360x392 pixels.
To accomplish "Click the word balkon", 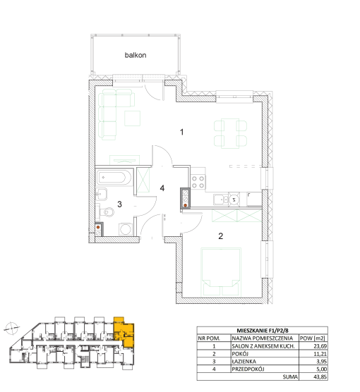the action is point(136,55).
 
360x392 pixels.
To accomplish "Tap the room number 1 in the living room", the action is point(182,132).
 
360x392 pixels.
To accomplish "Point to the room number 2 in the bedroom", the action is point(220,236).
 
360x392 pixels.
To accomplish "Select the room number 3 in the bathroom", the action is point(120,204).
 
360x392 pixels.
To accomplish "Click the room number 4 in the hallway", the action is point(162,188).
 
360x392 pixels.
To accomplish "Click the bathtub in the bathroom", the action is point(114,178).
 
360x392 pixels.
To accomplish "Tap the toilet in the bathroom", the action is point(107,212).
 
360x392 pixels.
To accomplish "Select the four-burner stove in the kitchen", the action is point(198,181).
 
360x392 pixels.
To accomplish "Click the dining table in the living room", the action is point(230,133).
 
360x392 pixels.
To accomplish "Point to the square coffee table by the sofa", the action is point(133,118).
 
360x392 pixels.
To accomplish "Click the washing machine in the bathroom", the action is point(126,229).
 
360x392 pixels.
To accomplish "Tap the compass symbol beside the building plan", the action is point(11,328).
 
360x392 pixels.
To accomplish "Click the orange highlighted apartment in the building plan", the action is point(125,332).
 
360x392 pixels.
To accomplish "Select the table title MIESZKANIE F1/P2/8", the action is point(263,331).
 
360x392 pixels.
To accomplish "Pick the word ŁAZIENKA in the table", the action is point(244,362).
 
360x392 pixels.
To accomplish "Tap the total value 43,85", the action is point(320,376).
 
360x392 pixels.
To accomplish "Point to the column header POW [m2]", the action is point(312,338).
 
